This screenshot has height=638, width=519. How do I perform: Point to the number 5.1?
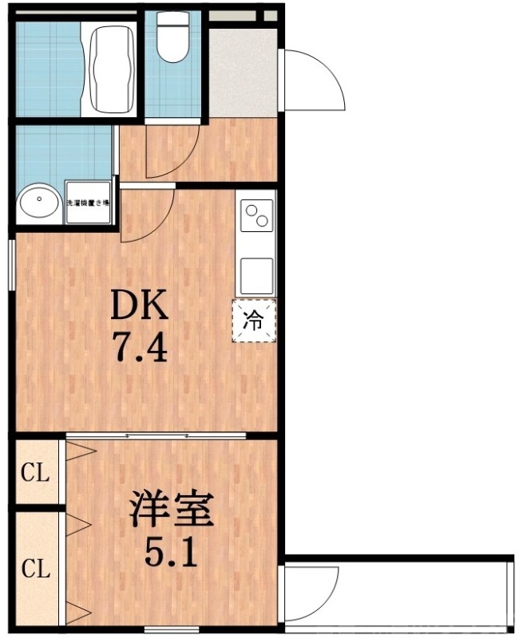(x=172, y=551)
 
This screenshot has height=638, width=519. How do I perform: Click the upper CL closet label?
(x=35, y=474)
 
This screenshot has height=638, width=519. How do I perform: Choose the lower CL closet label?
(x=35, y=569)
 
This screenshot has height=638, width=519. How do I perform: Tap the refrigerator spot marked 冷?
(x=253, y=321)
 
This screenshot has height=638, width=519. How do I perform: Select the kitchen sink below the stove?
(x=256, y=275)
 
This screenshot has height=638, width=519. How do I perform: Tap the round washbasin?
(x=38, y=203)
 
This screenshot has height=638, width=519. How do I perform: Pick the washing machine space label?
(x=88, y=203)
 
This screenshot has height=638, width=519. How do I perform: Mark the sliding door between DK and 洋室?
(x=156, y=435)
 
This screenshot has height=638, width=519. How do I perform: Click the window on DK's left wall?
(x=12, y=263)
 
